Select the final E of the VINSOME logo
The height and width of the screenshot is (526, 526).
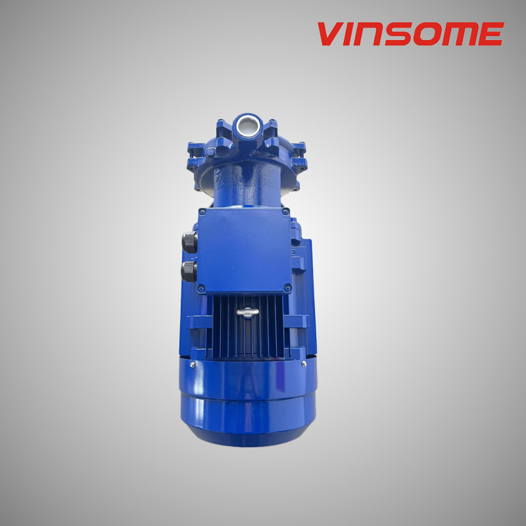click(x=490, y=34)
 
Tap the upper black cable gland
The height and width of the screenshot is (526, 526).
click(x=189, y=241)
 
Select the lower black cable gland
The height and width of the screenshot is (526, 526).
click(x=189, y=270)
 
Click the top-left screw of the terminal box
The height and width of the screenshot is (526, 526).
click(x=202, y=212)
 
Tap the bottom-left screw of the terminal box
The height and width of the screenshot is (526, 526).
click(x=202, y=287)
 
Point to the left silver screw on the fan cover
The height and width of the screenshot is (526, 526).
click(x=192, y=364)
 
